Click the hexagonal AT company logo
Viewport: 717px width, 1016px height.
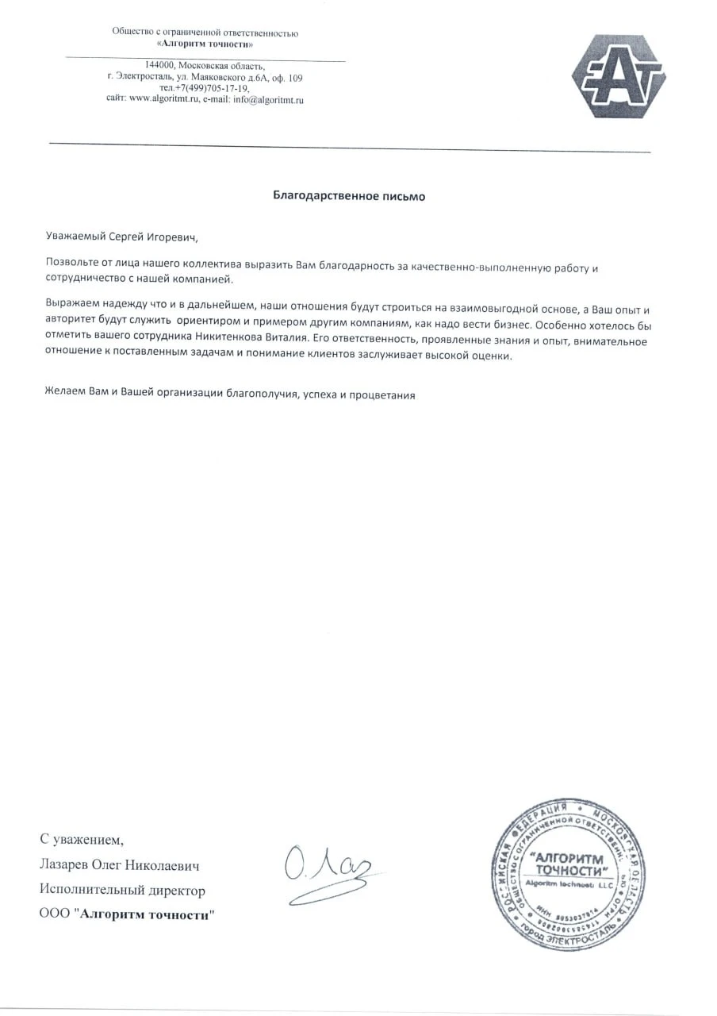(619, 76)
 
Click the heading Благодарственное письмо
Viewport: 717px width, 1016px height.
(349, 196)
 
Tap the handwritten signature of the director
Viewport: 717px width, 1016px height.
(329, 872)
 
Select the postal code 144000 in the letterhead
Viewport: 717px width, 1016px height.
(159, 65)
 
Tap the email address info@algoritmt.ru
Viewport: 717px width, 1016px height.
(269, 100)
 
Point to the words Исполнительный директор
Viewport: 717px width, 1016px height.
(122, 891)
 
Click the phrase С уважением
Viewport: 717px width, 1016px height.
(82, 839)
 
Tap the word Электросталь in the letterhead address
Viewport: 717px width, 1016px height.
(143, 77)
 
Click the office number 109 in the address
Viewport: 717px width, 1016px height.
(295, 78)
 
